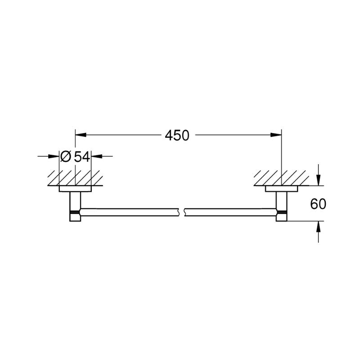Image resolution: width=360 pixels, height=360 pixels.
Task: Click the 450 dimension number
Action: tap(177, 135)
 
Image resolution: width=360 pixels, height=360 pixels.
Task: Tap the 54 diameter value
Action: tap(82, 157)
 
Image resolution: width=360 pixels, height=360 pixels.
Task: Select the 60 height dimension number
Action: tap(318, 204)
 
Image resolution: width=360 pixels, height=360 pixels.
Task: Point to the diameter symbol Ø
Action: tap(66, 157)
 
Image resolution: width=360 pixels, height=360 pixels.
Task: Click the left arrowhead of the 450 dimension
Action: tap(81, 135)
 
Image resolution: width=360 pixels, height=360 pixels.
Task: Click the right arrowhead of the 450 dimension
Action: tap(276, 135)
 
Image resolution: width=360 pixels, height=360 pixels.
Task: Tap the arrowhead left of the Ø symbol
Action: tap(54, 156)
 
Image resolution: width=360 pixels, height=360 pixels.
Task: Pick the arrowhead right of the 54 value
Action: tap(97, 156)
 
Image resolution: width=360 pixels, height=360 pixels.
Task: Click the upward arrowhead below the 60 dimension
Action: tap(318, 227)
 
